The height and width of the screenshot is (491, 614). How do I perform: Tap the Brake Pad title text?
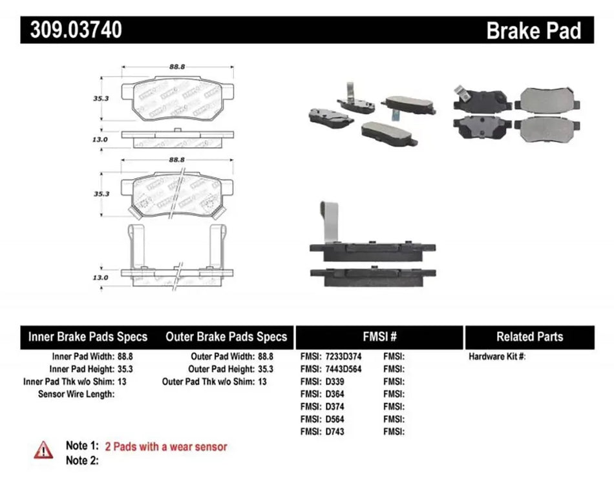click(x=533, y=30)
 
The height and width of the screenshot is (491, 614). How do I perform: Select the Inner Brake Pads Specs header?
click(x=87, y=337)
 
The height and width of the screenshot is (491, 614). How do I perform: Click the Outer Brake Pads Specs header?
click(x=226, y=337)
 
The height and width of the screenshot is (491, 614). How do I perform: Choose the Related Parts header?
click(x=529, y=337)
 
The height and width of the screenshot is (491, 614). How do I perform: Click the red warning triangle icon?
click(x=43, y=449)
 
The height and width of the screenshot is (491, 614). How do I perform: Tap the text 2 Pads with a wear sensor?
click(x=166, y=446)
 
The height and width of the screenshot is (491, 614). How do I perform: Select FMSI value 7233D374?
click(x=344, y=356)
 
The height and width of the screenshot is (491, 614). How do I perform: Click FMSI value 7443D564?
click(x=344, y=368)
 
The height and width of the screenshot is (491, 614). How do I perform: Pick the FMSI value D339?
click(x=335, y=381)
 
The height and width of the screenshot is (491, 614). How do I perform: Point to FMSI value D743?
click(x=335, y=431)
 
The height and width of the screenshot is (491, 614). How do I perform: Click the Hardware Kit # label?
click(x=496, y=356)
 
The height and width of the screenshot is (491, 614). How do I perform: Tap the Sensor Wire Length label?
click(x=76, y=393)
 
